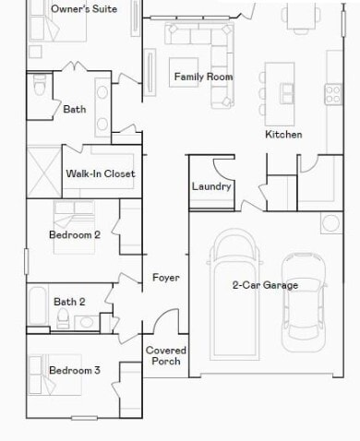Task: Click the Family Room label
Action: click(x=201, y=77)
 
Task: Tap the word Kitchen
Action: click(x=283, y=135)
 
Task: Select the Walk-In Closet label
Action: click(x=101, y=173)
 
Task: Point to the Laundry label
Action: click(x=210, y=186)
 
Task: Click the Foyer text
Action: click(x=165, y=278)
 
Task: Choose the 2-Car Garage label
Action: click(x=265, y=285)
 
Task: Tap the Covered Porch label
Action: click(x=166, y=356)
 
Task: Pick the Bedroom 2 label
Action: click(x=74, y=235)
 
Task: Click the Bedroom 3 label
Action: click(x=74, y=371)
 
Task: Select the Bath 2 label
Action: click(x=69, y=302)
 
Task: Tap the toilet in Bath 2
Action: click(x=63, y=319)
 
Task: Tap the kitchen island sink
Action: click(x=287, y=93)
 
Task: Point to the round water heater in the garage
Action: click(x=330, y=223)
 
